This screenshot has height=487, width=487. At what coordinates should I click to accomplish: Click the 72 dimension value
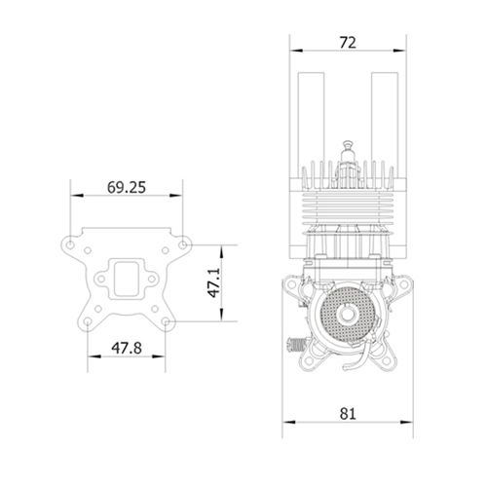(348, 43)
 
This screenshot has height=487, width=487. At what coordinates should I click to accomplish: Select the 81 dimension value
(348, 414)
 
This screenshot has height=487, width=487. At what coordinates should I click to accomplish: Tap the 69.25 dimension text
(127, 187)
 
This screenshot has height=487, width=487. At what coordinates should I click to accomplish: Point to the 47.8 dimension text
(127, 349)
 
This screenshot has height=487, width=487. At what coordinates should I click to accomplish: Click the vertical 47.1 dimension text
(214, 282)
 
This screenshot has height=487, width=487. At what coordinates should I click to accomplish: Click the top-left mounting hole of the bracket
(70, 244)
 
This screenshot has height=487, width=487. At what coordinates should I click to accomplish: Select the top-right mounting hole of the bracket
(183, 244)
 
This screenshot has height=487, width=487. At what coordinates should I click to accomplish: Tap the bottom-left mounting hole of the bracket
(88, 321)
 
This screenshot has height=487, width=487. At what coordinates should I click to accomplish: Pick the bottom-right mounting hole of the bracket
(166, 321)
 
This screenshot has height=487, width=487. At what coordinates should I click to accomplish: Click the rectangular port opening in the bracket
(127, 279)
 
